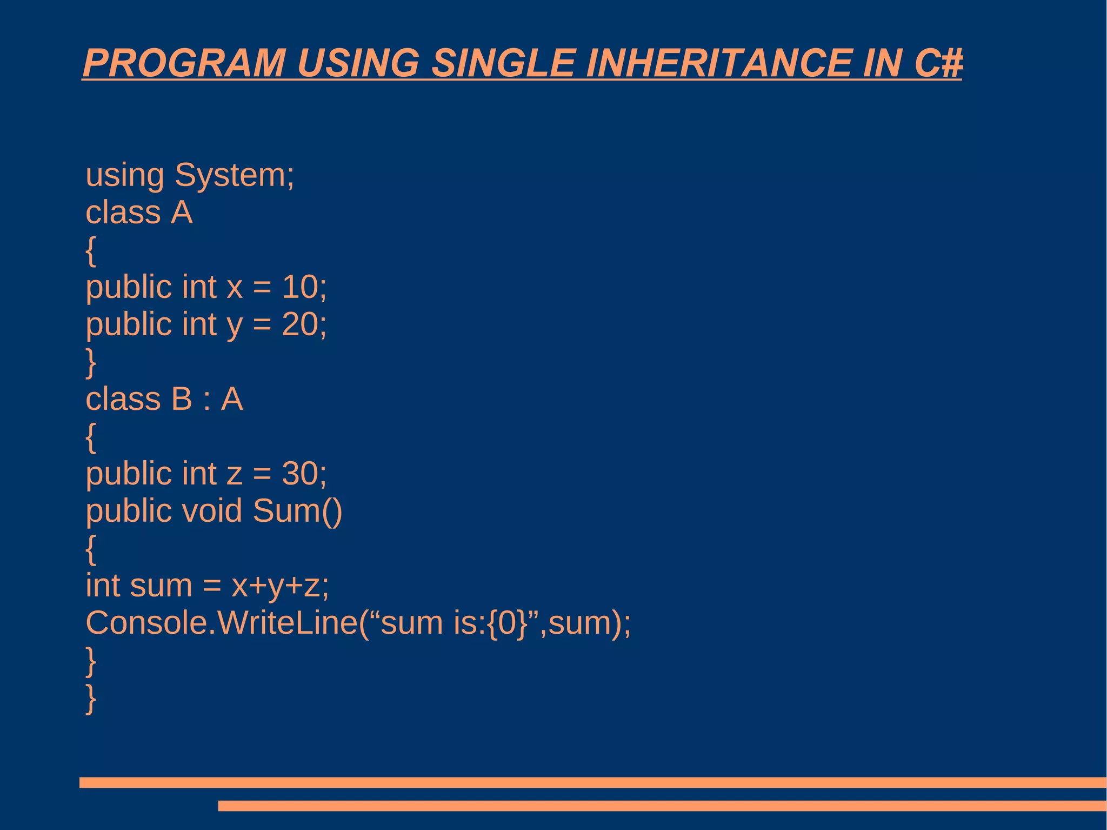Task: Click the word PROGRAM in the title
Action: pyautogui.click(x=184, y=63)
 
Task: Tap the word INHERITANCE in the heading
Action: pyautogui.click(x=718, y=63)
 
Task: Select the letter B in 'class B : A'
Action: pyautogui.click(x=181, y=399)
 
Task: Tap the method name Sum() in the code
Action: pyautogui.click(x=297, y=511)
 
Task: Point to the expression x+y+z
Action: pyautogui.click(x=279, y=586)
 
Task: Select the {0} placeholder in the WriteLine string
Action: pyautogui.click(x=507, y=623)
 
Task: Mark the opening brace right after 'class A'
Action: pyautogui.click(x=91, y=250)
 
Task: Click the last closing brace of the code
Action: pyautogui.click(x=91, y=699)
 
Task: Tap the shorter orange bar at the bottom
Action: pyautogui.click(x=662, y=806)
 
